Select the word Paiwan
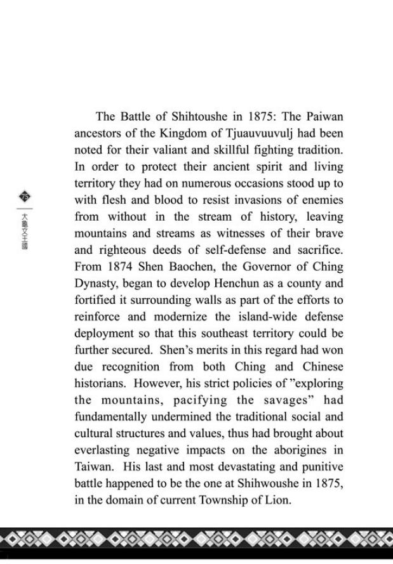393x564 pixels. coord(326,117)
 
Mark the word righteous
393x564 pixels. coord(123,250)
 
